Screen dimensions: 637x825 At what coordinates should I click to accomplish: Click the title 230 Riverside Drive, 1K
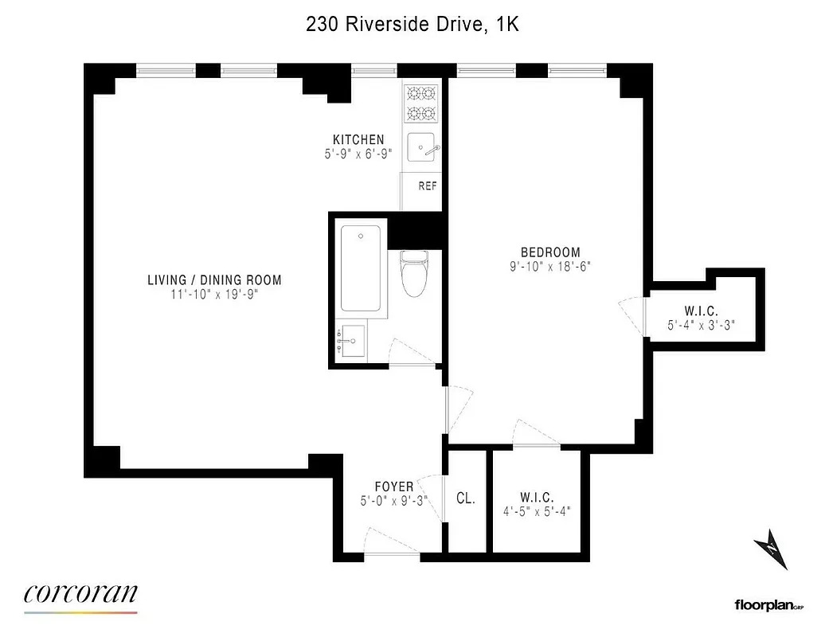click(x=412, y=24)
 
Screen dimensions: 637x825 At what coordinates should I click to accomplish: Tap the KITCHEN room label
click(x=358, y=140)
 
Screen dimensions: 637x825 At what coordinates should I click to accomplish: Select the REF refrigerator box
click(x=428, y=186)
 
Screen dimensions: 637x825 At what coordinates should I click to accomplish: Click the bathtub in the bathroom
click(x=360, y=268)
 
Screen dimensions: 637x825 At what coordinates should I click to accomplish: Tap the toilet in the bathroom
click(x=413, y=272)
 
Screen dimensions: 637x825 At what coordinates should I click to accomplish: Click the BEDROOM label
click(x=550, y=253)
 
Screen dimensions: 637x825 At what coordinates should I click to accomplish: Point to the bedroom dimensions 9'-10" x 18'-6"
click(x=550, y=267)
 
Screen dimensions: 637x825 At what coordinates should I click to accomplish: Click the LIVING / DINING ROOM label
click(x=214, y=280)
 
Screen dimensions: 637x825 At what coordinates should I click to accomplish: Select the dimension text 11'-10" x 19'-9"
click(x=214, y=294)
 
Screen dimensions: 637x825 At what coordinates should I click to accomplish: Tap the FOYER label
click(x=394, y=487)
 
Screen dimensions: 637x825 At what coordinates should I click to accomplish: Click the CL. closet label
click(x=465, y=499)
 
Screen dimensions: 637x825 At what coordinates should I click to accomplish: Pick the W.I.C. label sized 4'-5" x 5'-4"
click(x=537, y=497)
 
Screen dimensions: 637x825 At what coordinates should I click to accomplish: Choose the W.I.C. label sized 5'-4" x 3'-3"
click(x=700, y=311)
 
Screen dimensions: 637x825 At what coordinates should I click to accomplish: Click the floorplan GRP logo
click(x=766, y=606)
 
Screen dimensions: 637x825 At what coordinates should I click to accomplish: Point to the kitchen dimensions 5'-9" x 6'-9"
click(x=358, y=154)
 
